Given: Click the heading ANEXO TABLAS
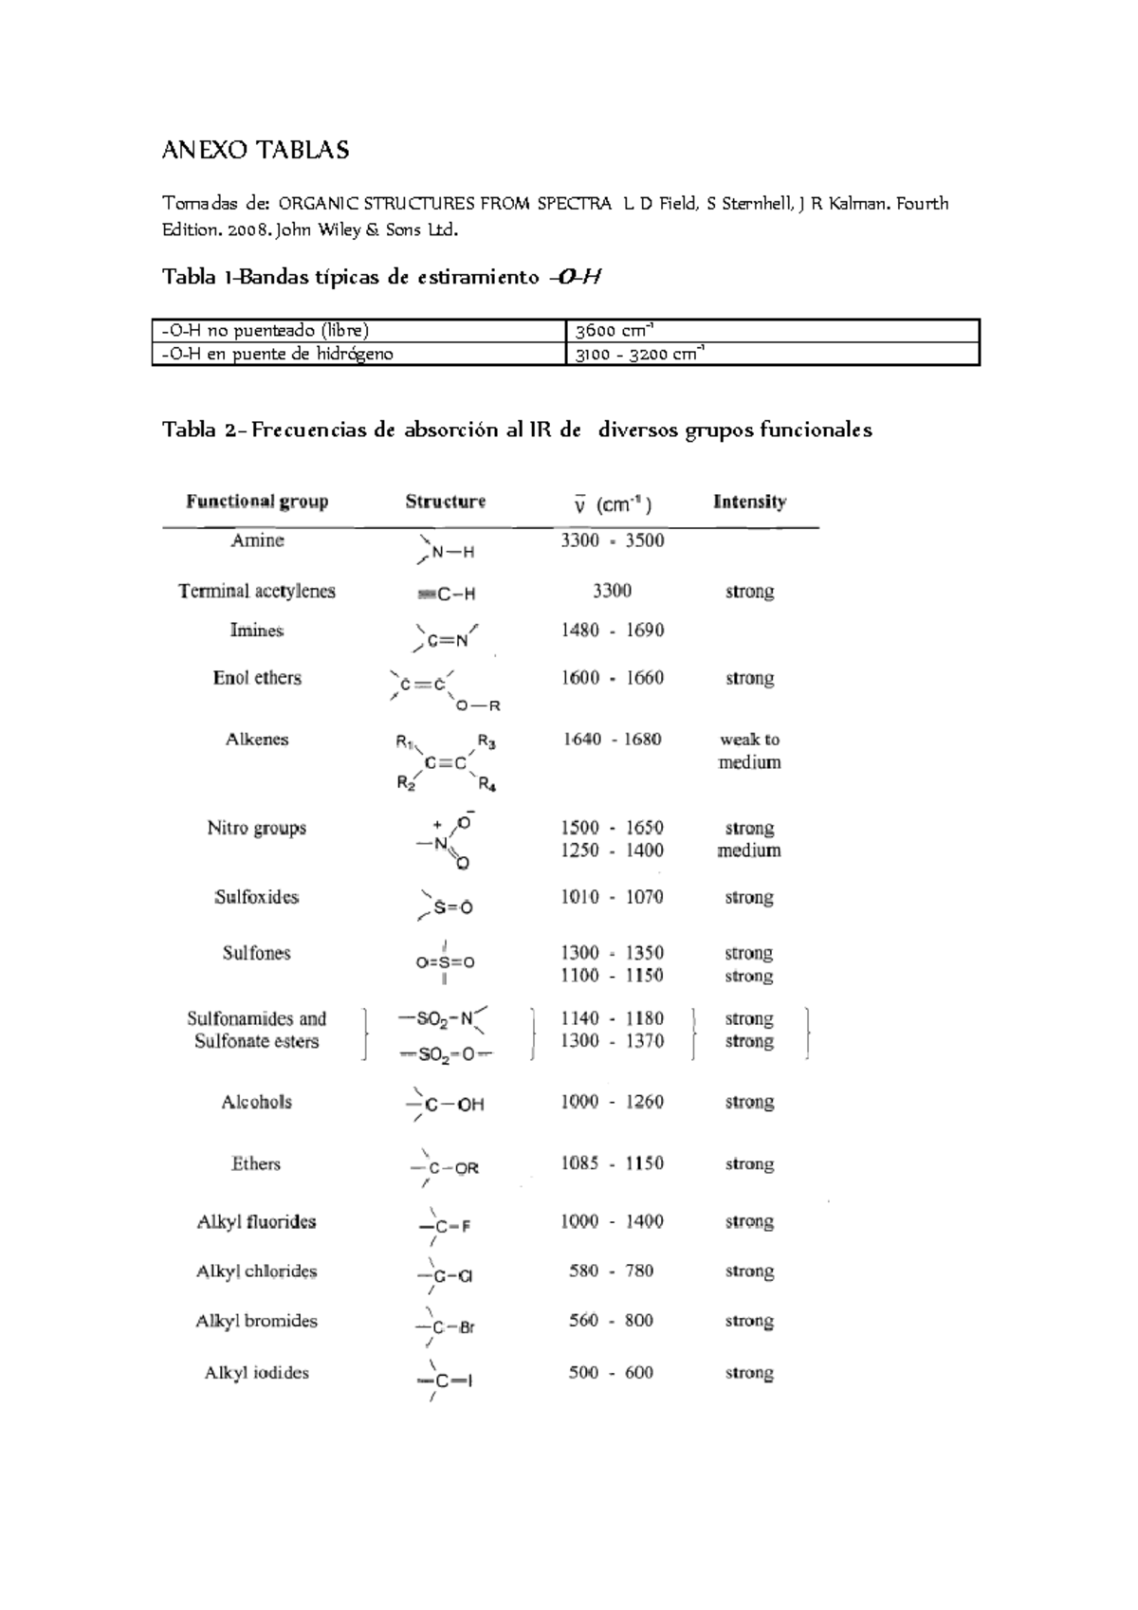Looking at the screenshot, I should [255, 150].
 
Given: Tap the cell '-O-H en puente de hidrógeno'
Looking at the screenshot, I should [277, 354].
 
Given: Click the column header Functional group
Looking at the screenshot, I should [257, 502].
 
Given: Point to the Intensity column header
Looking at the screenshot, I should [749, 502].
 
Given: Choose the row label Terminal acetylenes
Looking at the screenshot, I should [257, 591].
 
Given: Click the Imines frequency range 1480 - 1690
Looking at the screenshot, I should [612, 631].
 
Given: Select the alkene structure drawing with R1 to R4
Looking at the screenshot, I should [446, 762].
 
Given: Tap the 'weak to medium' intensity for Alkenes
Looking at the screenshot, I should [749, 751].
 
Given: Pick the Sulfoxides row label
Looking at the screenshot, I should [256, 897].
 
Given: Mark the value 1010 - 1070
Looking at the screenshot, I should [612, 897].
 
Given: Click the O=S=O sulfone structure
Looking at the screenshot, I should [445, 962].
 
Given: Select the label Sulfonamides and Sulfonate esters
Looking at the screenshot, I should [256, 1030].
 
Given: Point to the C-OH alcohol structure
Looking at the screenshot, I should [446, 1104].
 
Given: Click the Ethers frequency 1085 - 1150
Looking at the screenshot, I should [612, 1163].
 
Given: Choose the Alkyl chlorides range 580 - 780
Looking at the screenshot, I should [612, 1271].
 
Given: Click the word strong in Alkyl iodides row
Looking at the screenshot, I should [749, 1373].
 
